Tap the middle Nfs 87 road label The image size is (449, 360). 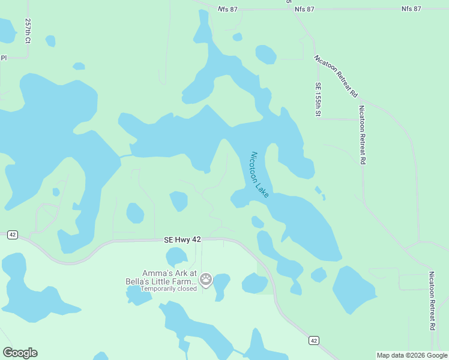(304, 10)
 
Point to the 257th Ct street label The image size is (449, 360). (28, 31)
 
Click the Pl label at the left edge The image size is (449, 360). (4, 58)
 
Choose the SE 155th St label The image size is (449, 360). (319, 100)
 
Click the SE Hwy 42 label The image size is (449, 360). (182, 239)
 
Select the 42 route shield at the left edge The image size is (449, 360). (13, 235)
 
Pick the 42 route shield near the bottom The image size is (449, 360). (313, 340)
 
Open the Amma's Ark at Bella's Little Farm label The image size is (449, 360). (169, 277)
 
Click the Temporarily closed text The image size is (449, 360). (169, 289)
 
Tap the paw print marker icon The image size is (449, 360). (206, 279)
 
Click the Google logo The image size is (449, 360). (20, 353)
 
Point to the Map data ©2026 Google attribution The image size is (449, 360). (411, 355)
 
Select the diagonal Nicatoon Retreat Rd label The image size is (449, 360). (336, 77)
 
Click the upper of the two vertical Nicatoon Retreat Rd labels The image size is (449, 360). (362, 135)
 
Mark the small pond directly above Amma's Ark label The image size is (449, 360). (177, 257)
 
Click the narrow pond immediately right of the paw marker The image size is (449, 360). (221, 285)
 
